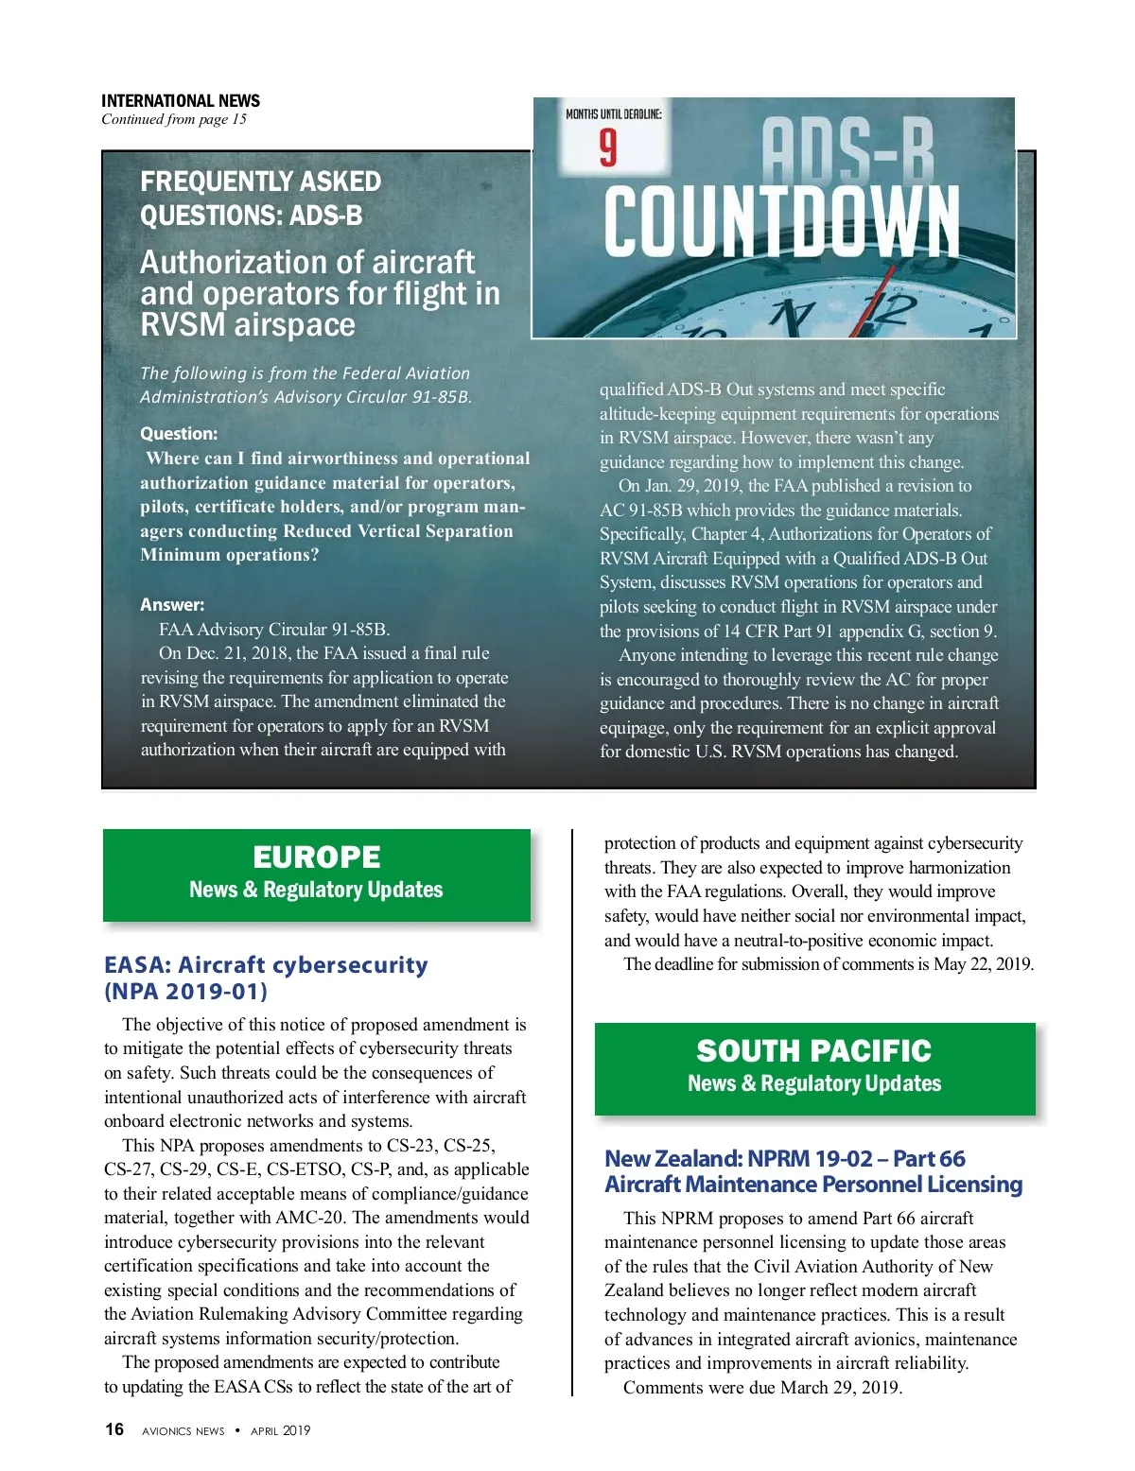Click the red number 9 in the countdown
pyautogui.click(x=608, y=147)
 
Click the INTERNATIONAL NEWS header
pyautogui.click(x=180, y=100)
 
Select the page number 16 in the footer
pyautogui.click(x=113, y=1429)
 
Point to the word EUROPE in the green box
pyautogui.click(x=317, y=857)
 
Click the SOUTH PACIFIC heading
pyautogui.click(x=813, y=1050)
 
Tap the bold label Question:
pyautogui.click(x=179, y=434)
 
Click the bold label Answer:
pyautogui.click(x=172, y=605)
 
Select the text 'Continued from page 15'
pyautogui.click(x=174, y=119)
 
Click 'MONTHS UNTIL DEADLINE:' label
pyautogui.click(x=613, y=114)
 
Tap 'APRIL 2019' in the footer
pyautogui.click(x=280, y=1430)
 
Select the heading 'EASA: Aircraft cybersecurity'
pyautogui.click(x=266, y=965)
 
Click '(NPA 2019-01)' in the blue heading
pyautogui.click(x=185, y=992)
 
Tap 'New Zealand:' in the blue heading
pyautogui.click(x=673, y=1159)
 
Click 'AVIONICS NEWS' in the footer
pyautogui.click(x=183, y=1431)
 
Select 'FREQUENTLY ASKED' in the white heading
pyautogui.click(x=260, y=182)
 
